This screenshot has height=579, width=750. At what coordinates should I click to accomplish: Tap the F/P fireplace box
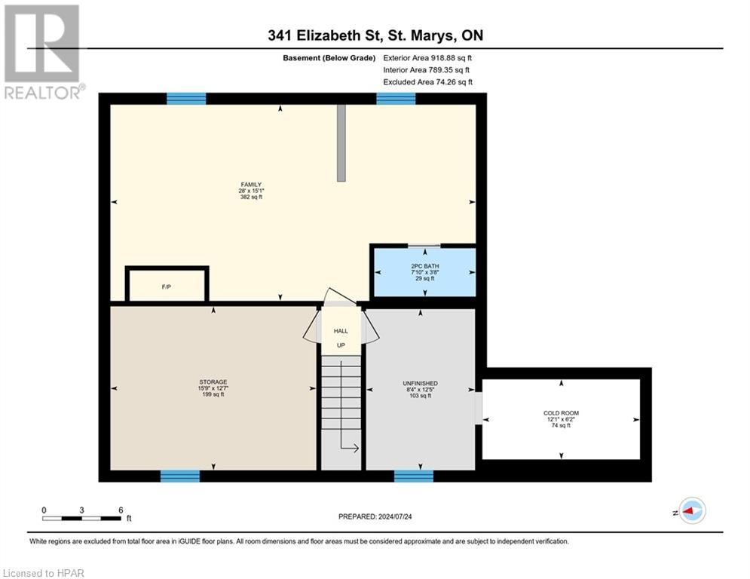pos(167,286)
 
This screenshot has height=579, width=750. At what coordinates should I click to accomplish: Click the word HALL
pos(341,330)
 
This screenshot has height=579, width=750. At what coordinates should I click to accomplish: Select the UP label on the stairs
pos(341,345)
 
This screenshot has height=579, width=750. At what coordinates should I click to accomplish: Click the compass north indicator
pos(691,510)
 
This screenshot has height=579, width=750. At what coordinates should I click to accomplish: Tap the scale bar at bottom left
pos(81,518)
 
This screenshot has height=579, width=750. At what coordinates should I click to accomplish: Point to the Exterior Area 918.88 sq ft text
pos(427,57)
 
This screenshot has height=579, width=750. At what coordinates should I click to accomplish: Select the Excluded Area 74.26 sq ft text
pos(427,81)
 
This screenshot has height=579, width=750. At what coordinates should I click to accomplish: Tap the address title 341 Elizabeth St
pos(375,35)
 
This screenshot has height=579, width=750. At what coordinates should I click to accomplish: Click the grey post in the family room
pos(341,143)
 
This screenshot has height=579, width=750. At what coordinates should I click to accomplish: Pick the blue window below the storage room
pos(179,476)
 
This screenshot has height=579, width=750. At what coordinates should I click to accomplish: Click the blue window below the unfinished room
pos(414,476)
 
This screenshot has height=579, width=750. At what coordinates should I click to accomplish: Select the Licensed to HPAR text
pos(43,572)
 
